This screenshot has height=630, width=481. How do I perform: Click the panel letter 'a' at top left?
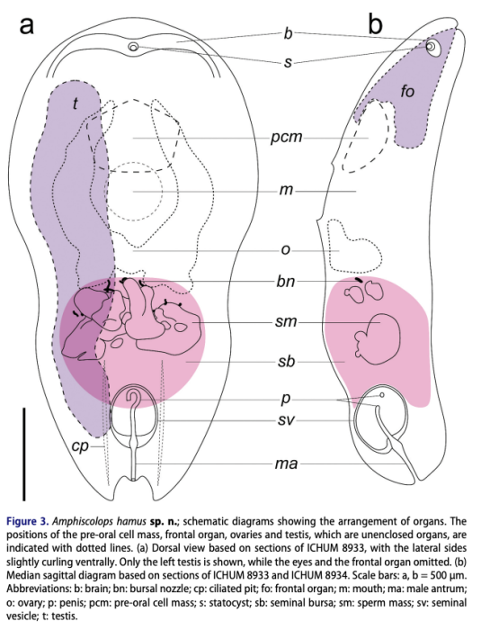click(x=27, y=25)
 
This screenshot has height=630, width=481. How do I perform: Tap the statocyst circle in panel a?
click(x=134, y=47)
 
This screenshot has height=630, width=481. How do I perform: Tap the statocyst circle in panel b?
click(x=431, y=47)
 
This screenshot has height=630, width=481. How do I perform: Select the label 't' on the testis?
click(x=75, y=103)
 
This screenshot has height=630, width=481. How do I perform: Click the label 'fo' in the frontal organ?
click(x=407, y=92)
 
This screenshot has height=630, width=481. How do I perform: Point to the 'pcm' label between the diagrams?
click(x=286, y=138)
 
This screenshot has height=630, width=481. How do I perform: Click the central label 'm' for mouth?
click(x=287, y=190)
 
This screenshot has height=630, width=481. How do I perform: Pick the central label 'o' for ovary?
click(x=286, y=250)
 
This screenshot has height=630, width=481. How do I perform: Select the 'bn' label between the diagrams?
click(x=286, y=281)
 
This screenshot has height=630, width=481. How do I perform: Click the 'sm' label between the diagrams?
click(x=286, y=322)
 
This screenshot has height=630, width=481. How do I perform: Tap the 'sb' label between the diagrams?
click(x=286, y=361)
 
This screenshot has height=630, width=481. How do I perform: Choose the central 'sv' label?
click(x=286, y=420)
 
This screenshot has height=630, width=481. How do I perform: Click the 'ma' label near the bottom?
click(x=286, y=464)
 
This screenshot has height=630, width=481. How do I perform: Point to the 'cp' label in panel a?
click(x=80, y=446)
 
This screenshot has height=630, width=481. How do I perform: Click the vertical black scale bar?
click(x=24, y=454)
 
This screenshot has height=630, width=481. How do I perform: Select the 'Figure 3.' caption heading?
click(x=28, y=522)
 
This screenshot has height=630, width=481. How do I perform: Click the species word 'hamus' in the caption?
click(x=131, y=522)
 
